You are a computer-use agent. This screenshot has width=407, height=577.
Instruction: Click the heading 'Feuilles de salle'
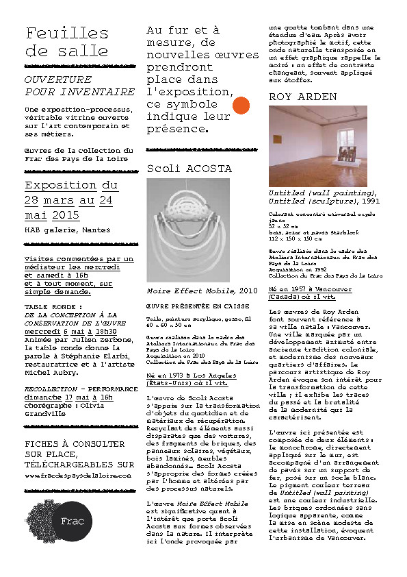pos(67,42)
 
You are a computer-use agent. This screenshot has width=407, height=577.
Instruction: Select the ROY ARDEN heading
pos(303,97)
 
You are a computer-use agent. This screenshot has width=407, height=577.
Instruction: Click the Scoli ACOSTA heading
pos(189,169)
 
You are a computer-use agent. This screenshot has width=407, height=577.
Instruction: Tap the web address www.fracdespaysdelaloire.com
pos(77,474)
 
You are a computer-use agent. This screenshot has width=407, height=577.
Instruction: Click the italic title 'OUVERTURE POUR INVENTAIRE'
pos(79,86)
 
